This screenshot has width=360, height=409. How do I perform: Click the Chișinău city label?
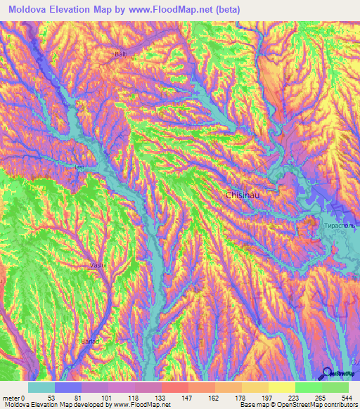245,195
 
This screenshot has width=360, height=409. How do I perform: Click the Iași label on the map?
79,167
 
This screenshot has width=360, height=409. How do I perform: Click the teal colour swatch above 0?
41,387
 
